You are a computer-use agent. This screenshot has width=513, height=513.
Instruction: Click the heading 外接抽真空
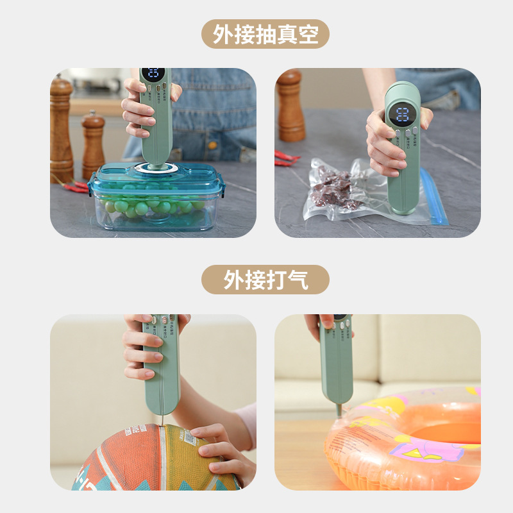[x=265, y=34]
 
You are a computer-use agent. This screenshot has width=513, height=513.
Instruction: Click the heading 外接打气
[x=265, y=280]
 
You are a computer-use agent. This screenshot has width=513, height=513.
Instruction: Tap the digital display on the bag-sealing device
[x=402, y=115]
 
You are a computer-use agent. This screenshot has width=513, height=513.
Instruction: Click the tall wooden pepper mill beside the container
[x=62, y=128]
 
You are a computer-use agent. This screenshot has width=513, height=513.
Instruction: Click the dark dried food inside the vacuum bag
[x=333, y=189]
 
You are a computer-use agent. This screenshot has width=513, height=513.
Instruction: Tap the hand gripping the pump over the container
[x=138, y=109]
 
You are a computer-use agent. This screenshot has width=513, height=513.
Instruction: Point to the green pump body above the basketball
[x=161, y=372]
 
